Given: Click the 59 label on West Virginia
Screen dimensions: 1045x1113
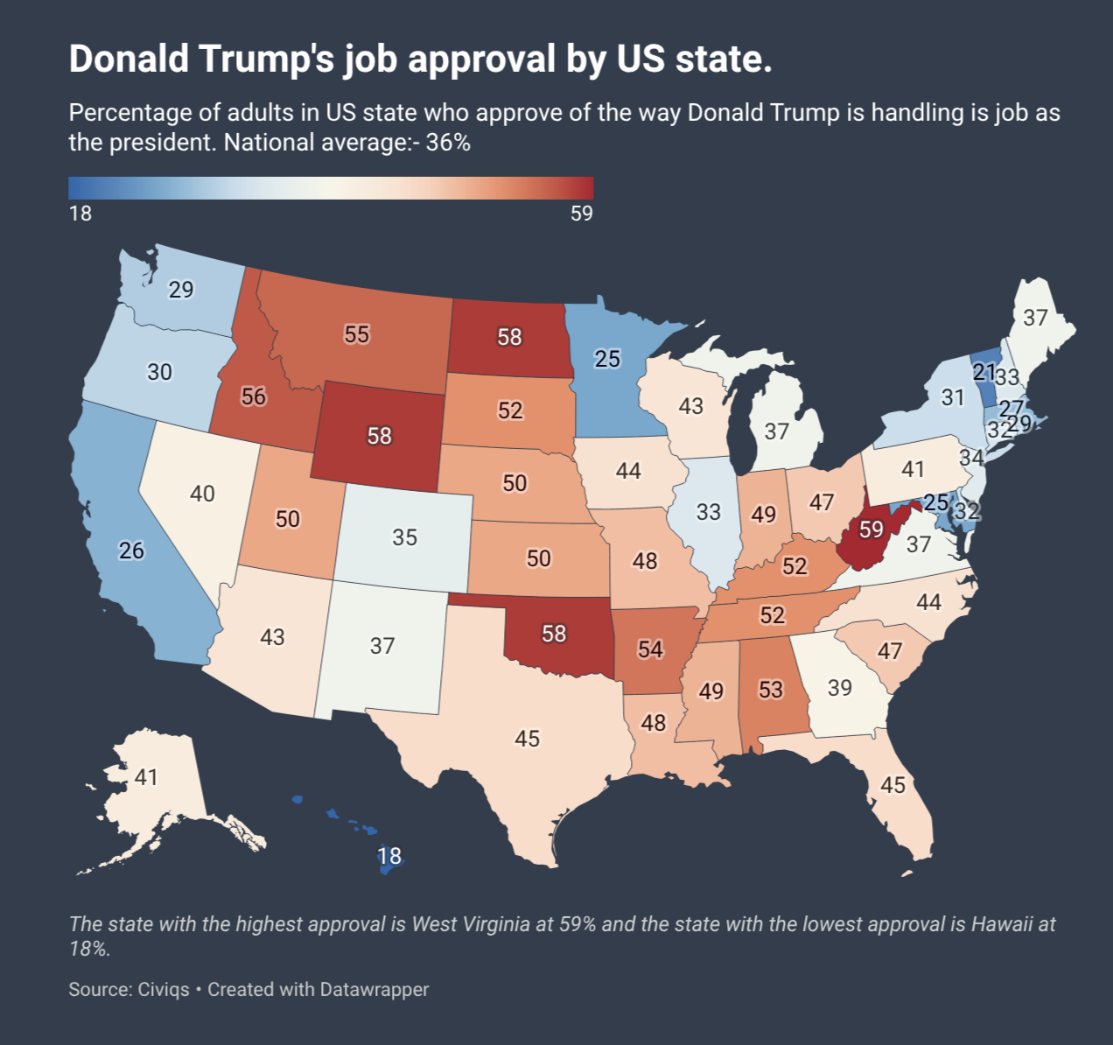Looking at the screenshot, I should [871, 530].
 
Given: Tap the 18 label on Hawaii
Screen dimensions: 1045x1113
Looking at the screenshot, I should [389, 855].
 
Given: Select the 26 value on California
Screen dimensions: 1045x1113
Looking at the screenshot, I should [131, 551].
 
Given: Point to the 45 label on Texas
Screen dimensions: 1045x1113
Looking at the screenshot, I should [527, 739].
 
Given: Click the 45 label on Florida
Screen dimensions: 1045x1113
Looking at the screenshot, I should [892, 784].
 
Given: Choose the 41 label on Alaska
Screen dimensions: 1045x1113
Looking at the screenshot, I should [146, 776].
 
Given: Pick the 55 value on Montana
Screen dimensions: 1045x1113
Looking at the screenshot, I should [356, 334].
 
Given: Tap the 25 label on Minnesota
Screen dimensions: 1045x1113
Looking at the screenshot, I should [607, 358].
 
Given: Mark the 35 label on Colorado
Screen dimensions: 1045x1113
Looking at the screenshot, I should [404, 537].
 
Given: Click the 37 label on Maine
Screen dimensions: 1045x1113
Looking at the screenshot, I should [1035, 318].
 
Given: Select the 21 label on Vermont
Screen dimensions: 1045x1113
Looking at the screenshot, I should [984, 372].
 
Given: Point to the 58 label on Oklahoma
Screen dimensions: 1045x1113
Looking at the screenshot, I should [554, 633].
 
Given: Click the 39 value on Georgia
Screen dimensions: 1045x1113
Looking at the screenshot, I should [839, 688].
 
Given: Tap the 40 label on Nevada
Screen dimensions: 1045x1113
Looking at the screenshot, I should [202, 494].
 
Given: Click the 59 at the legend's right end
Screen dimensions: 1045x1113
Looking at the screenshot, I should [581, 214].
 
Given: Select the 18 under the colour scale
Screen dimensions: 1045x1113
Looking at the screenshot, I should [80, 214].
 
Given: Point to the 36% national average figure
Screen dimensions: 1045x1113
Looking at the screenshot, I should [448, 142].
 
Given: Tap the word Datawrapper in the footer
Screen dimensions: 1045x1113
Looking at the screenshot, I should [374, 989].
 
